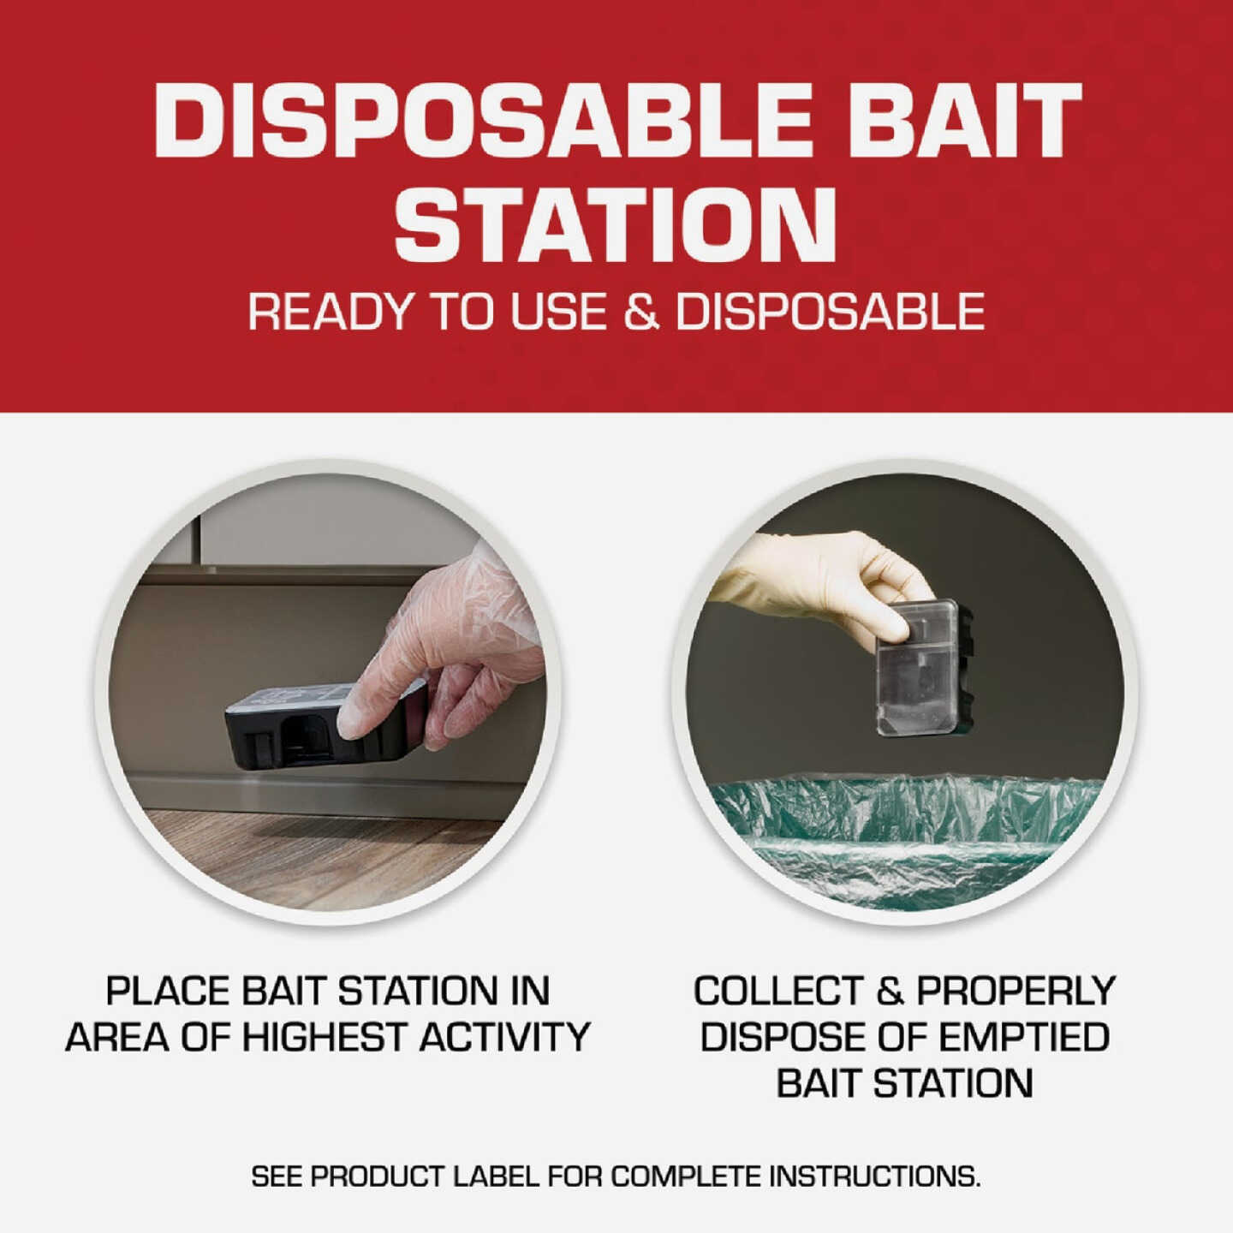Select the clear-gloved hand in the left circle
click(x=454, y=642)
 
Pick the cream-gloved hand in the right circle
click(x=822, y=574)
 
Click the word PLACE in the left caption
click(x=167, y=992)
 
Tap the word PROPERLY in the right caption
click(x=1016, y=992)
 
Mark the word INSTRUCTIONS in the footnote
click(x=873, y=1176)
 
